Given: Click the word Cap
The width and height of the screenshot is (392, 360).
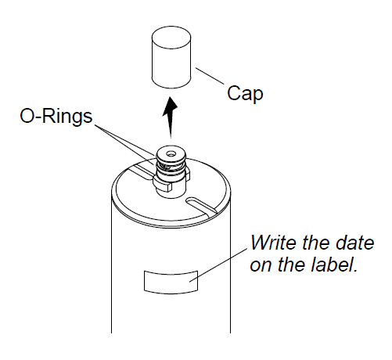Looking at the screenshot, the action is coord(245,94).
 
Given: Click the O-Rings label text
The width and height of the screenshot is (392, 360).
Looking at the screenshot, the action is coord(56,117).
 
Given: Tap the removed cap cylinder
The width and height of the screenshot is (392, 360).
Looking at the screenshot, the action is coord(171,57).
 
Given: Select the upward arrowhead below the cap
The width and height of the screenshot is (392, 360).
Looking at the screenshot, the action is coord(170,106).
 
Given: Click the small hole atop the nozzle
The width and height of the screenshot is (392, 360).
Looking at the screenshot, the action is coord(171,154).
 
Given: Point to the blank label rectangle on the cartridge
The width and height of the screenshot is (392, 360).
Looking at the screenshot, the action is coord(171,283).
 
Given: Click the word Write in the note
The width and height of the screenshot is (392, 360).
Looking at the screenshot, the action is coord(275,243).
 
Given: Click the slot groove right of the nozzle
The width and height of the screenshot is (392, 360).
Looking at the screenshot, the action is coord(201,205).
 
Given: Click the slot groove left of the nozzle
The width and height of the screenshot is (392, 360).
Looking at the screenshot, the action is coord(138,171).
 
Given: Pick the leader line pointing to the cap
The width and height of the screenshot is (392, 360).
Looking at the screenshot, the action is coord(210,76).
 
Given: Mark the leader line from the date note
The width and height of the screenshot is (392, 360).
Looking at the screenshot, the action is coord(218,265).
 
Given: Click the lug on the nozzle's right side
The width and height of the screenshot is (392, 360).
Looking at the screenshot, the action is coord(187,175).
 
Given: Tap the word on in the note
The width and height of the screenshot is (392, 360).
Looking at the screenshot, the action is coord(261,265).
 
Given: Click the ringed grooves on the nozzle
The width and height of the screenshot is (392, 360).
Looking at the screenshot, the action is coord(171,167).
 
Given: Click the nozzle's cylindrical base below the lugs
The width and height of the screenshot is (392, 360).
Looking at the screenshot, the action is coord(171,190).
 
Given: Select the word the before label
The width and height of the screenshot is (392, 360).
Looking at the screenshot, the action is coord(292,265).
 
